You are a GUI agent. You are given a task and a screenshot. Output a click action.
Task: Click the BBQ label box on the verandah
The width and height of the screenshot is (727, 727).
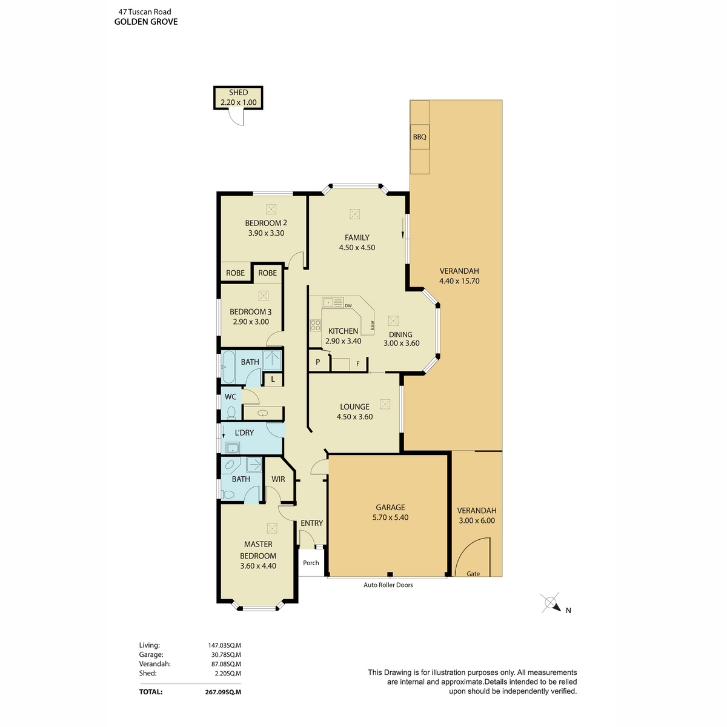(420, 137)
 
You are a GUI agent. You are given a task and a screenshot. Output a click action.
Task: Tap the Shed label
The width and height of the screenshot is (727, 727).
(238, 93)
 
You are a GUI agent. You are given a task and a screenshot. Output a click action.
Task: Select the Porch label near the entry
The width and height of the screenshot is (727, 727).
(311, 563)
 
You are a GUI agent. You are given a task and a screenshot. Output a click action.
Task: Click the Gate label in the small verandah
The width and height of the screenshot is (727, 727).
(473, 574)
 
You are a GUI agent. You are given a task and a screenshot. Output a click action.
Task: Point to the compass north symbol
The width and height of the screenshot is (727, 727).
(551, 603)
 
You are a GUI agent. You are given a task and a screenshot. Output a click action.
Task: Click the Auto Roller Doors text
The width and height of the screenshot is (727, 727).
(388, 585)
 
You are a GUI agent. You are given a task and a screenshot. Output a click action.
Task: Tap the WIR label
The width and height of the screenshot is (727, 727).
(278, 479)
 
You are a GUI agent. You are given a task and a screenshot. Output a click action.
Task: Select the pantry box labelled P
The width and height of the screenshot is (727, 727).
(317, 362)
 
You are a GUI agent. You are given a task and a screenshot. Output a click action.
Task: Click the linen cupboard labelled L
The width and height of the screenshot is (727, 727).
(273, 380)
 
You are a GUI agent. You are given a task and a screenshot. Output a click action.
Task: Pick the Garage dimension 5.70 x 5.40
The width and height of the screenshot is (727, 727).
(390, 517)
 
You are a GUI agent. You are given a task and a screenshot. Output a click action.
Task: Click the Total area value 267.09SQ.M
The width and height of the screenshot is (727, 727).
(223, 691)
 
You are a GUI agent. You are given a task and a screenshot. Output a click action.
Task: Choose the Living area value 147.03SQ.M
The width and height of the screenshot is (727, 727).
(224, 646)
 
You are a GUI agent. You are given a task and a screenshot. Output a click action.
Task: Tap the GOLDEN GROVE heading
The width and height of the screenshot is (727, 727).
(146, 22)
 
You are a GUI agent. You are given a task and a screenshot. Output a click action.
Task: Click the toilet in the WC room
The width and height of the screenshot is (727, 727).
(231, 413)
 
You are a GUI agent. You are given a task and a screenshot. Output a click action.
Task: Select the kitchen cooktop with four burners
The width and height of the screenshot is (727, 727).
(315, 325)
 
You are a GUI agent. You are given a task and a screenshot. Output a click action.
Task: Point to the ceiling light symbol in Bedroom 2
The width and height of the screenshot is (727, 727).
(271, 209)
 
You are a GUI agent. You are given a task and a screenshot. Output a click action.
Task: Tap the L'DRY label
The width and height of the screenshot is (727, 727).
(244, 433)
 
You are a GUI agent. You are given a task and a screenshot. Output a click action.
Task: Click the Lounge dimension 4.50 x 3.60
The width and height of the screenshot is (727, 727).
(354, 417)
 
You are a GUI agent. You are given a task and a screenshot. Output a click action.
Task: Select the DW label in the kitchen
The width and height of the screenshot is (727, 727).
(348, 306)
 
